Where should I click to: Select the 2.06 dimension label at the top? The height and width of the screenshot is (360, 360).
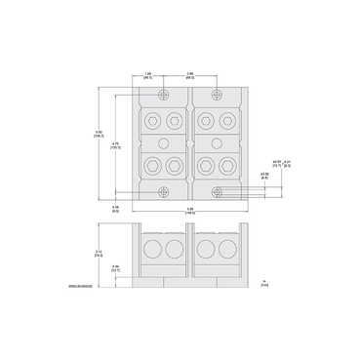tap(187, 75)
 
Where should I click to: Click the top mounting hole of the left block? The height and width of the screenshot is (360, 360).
tap(162, 96)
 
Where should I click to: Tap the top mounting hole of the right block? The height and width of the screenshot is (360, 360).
tap(217, 96)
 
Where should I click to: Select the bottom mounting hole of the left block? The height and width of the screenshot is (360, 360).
tap(162, 191)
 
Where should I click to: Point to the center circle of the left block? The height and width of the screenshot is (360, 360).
tap(162, 143)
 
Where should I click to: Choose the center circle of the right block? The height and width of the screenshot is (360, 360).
tap(217, 143)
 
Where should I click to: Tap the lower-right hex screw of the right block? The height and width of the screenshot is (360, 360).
tap(227, 165)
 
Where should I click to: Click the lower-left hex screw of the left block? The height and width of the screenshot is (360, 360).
tap(151, 165)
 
